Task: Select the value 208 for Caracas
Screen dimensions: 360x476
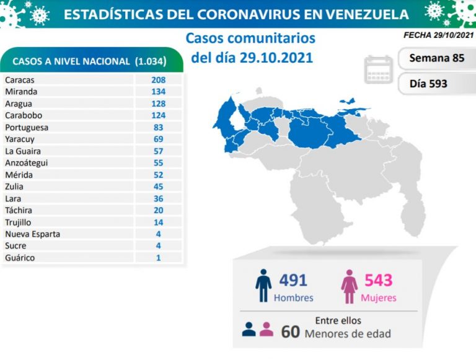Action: coord(158,80)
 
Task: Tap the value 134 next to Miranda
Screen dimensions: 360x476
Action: coord(158,92)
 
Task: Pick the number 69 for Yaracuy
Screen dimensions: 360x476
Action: coord(158,139)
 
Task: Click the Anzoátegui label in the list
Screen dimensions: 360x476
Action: coord(26,163)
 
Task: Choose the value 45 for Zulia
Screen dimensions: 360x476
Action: coord(158,187)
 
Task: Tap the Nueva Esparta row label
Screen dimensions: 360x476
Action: coord(32,234)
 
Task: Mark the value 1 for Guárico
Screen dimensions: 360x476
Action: coord(158,258)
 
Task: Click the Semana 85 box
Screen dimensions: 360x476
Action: coord(436,59)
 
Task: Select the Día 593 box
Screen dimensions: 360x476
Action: coord(436,83)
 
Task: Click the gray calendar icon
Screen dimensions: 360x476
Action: coord(379,69)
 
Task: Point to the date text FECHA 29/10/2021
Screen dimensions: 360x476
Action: coord(438,36)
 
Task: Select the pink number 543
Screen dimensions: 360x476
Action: coord(379,280)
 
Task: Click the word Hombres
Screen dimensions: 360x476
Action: coord(293,298)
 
